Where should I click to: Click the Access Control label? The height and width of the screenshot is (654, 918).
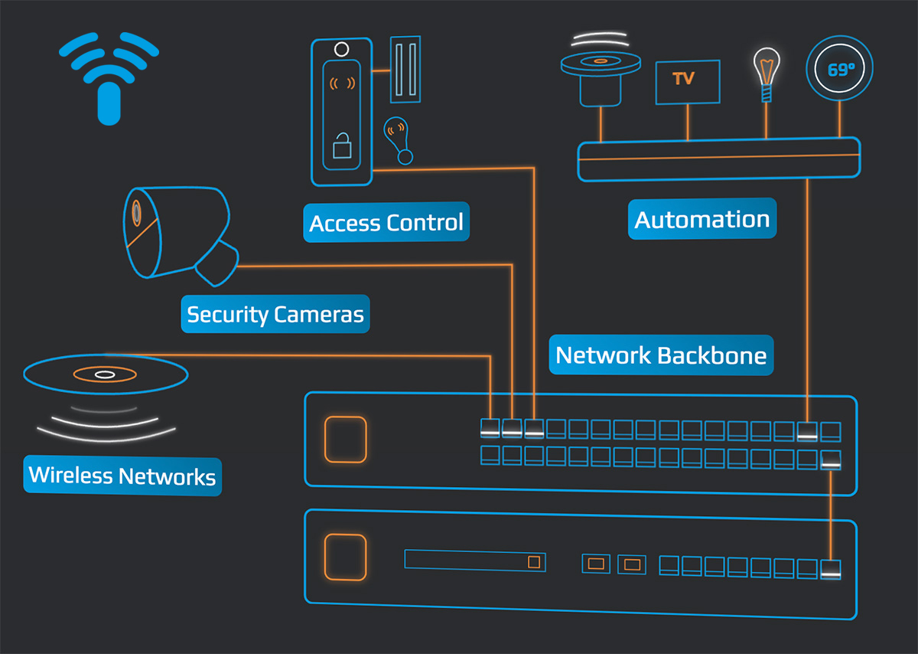(386, 223)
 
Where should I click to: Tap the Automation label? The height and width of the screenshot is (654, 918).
(702, 220)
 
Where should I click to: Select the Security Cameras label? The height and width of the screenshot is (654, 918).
(275, 314)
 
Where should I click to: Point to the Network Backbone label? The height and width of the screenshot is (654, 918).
(661, 355)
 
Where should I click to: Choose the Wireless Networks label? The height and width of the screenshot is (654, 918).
(122, 476)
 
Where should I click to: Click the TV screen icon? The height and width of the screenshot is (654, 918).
(687, 81)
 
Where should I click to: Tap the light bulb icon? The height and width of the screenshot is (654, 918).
(765, 72)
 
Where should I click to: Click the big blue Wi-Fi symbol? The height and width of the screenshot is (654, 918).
(109, 75)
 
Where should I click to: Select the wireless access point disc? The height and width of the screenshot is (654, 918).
(106, 374)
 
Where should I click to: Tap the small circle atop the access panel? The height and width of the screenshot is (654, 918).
(341, 50)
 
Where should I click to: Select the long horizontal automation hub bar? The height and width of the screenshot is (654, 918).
(718, 159)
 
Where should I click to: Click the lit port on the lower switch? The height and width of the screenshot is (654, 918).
(830, 568)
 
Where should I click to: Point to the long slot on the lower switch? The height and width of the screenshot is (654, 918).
(475, 561)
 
